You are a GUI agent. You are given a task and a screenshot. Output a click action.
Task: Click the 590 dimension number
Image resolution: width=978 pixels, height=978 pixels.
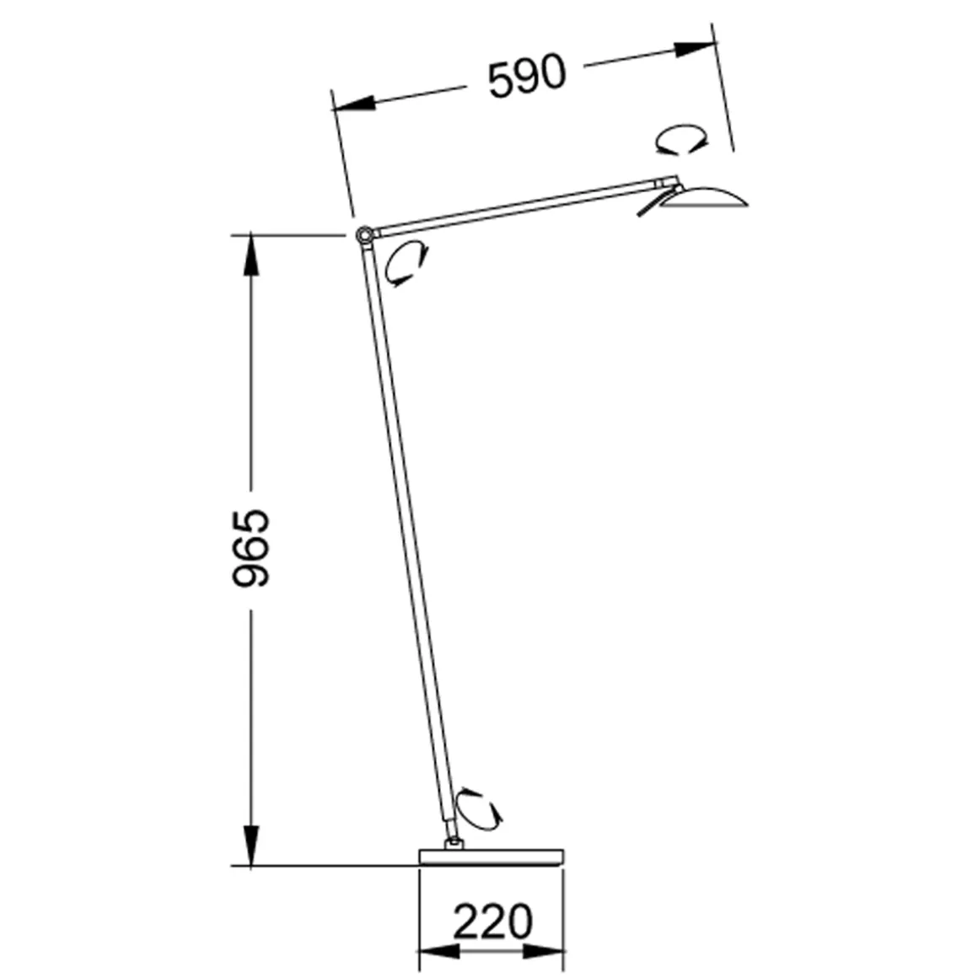point(527,77)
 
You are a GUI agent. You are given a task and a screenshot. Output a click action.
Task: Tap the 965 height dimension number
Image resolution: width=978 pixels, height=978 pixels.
point(250,548)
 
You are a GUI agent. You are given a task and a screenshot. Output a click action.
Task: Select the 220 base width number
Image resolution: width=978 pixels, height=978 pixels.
point(492,922)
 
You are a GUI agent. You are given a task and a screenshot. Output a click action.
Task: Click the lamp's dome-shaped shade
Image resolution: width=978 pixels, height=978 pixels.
point(703,197)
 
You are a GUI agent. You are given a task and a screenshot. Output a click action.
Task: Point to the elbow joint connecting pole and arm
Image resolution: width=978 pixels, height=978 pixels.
point(364,236)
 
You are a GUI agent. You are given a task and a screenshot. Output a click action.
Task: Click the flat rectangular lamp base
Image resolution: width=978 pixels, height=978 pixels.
point(492,857)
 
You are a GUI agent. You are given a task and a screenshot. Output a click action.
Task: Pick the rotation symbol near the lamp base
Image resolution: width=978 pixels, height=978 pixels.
point(478,809)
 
